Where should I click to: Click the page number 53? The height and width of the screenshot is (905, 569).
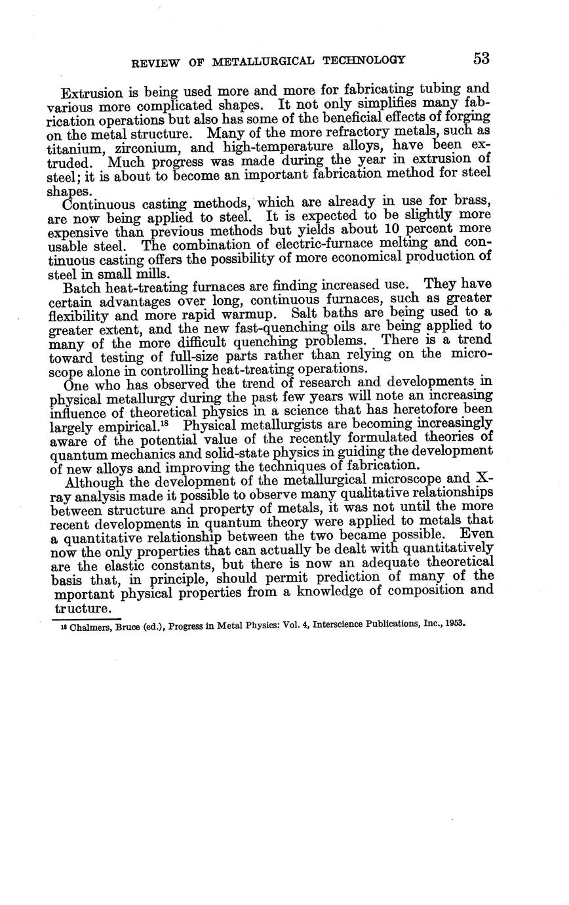coord(481,58)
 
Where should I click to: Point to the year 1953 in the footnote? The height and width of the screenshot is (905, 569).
coord(454,623)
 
